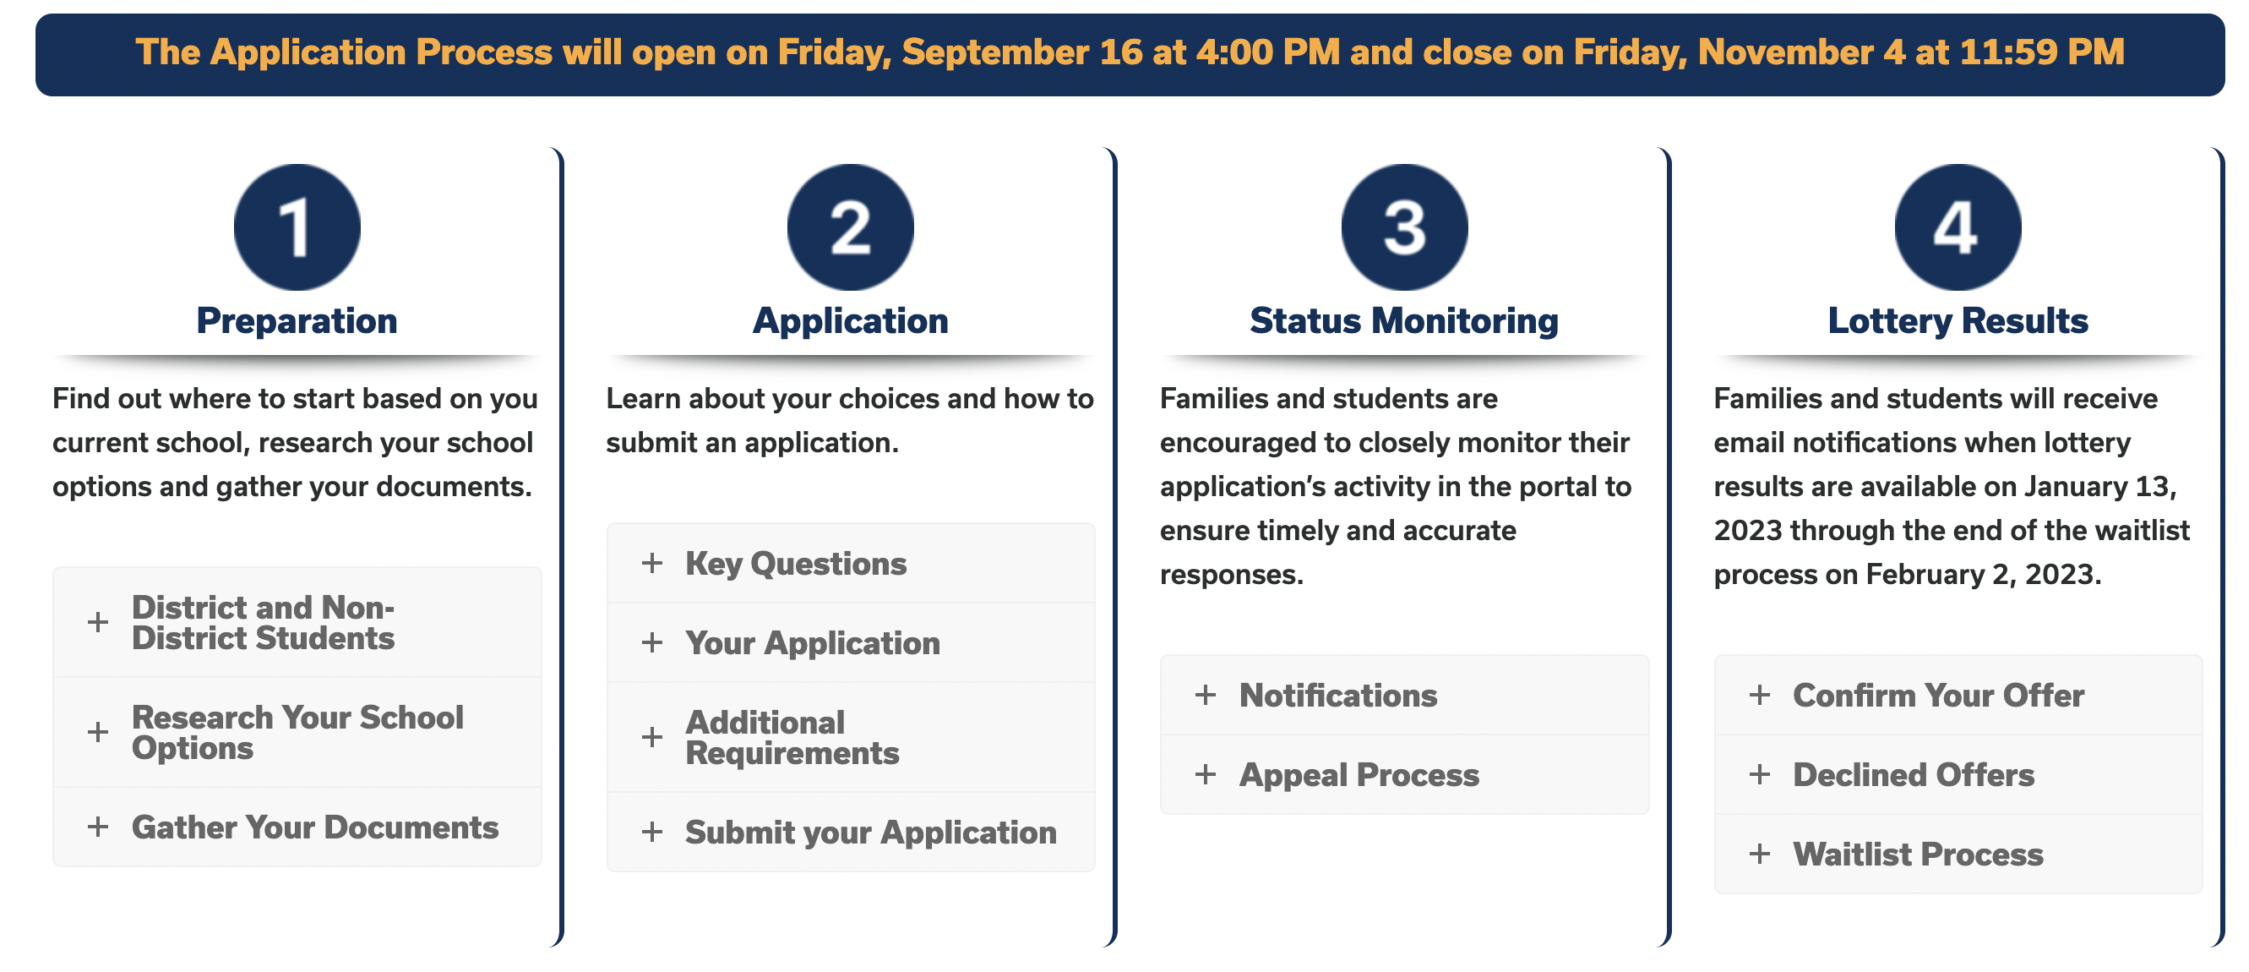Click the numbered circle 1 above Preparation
tap(297, 227)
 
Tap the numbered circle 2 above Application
tap(851, 227)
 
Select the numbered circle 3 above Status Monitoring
tap(1405, 227)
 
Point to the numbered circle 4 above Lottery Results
tap(1958, 227)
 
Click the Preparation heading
tap(297, 321)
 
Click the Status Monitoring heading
tap(1404, 321)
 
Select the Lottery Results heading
tap(1958, 321)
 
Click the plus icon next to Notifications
tap(1206, 695)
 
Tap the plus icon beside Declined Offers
tap(1760, 774)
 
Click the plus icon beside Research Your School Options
tap(98, 732)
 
